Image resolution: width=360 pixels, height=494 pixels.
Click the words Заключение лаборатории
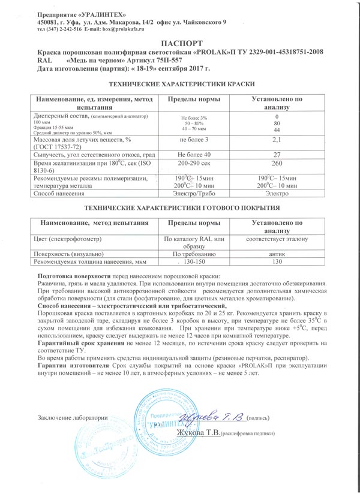click(72, 418)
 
